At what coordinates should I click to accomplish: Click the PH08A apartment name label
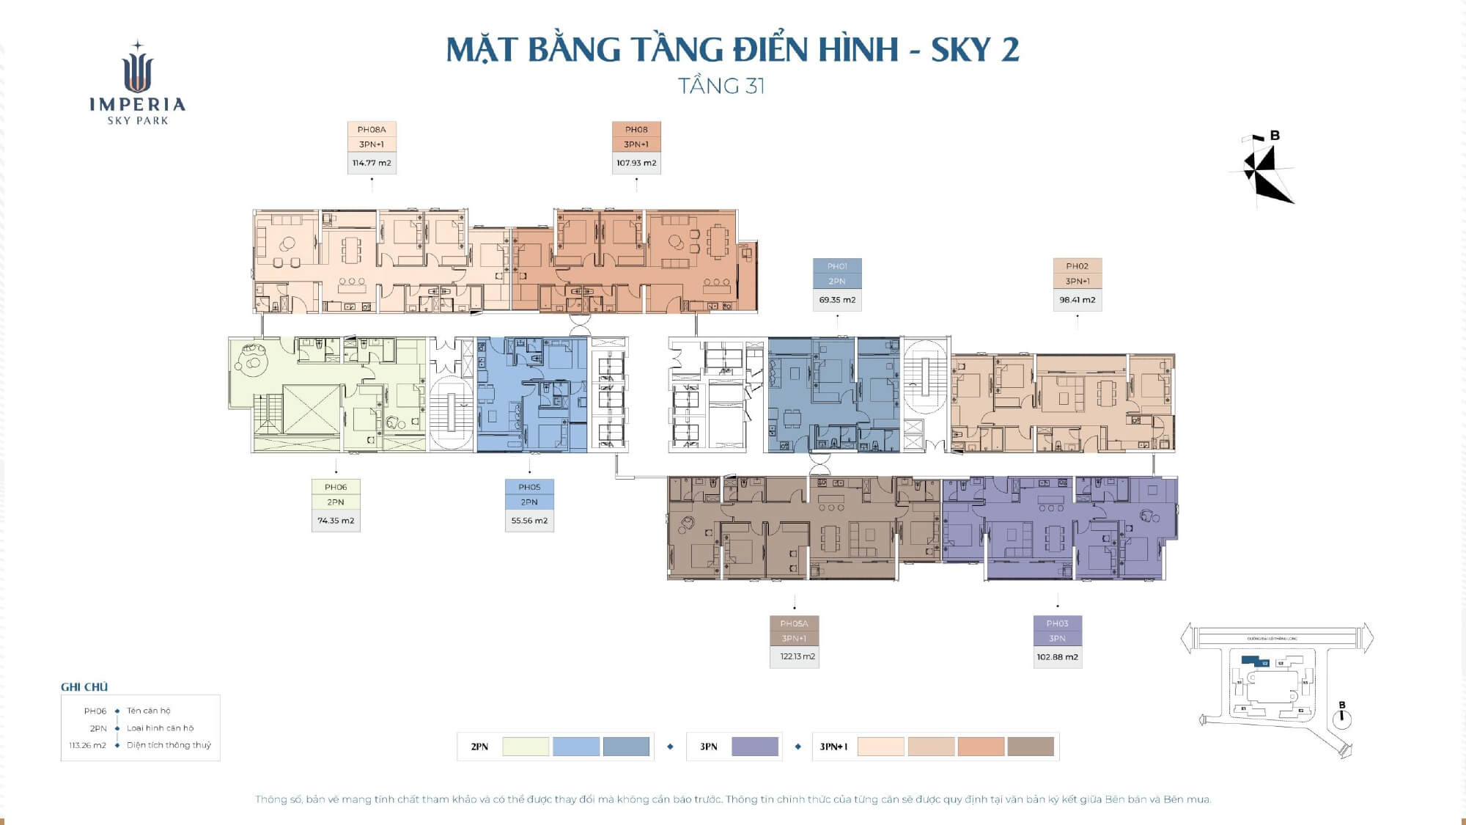(372, 130)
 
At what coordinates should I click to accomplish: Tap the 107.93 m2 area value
(636, 163)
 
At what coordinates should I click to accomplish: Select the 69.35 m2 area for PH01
(837, 300)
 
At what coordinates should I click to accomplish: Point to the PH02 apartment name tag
(1077, 266)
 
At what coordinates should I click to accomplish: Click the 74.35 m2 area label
(336, 521)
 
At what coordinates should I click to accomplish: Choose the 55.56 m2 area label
(529, 521)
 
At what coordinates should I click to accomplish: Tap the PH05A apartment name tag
(794, 623)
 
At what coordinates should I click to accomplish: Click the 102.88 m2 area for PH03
(1057, 657)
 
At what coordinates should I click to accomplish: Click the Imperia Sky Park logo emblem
(138, 69)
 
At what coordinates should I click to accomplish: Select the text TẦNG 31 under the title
(721, 87)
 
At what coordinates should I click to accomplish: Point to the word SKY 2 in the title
(975, 50)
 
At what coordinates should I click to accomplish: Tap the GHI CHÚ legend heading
(84, 687)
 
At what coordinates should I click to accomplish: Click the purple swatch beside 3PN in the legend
(754, 747)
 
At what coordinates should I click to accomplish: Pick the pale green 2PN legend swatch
(526, 747)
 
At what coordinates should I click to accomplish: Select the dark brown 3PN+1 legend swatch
(1031, 747)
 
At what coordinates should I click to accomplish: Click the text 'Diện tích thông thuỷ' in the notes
(169, 745)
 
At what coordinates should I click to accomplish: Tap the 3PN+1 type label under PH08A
(372, 144)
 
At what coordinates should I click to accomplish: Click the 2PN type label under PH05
(529, 502)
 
